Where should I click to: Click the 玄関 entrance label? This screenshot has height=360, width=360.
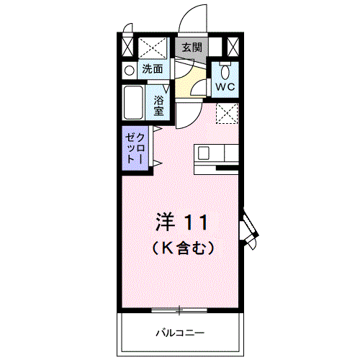pyautogui.click(x=192, y=48)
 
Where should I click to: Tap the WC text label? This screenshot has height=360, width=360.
pyautogui.click(x=225, y=87)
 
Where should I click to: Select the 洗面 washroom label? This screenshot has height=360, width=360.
pyautogui.click(x=152, y=70)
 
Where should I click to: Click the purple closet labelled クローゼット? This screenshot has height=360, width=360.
pyautogui.click(x=135, y=149)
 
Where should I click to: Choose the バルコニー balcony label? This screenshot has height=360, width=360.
pyautogui.click(x=180, y=333)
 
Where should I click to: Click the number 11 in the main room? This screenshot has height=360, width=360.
pyautogui.click(x=199, y=221)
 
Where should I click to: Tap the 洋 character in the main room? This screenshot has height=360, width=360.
pyautogui.click(x=165, y=221)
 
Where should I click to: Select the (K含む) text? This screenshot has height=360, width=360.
pyautogui.click(x=183, y=248)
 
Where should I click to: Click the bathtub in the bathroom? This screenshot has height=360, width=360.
pyautogui.click(x=133, y=104)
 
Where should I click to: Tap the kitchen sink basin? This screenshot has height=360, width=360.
pyautogui.click(x=204, y=153)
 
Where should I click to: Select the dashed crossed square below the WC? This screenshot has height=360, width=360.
pyautogui.click(x=228, y=112)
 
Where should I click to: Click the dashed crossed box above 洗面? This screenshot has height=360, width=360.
pyautogui.click(x=152, y=48)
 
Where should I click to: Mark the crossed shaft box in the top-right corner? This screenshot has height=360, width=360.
pyautogui.click(x=233, y=48)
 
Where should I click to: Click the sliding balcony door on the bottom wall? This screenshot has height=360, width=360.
pyautogui.click(x=180, y=310)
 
